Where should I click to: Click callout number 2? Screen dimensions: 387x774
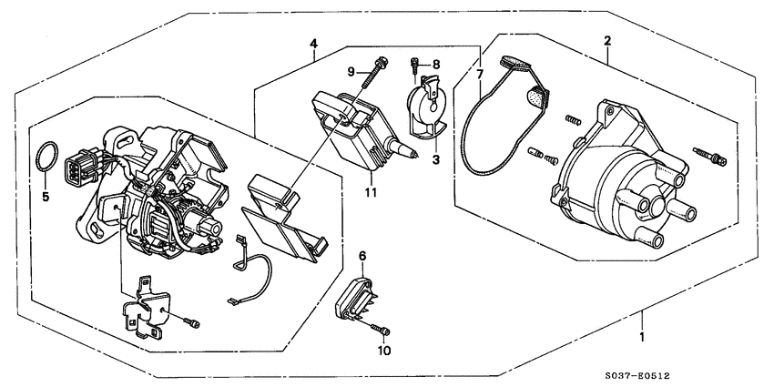point(606,40)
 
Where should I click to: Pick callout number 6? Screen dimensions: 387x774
point(362,258)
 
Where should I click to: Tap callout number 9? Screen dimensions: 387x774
point(350,71)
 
